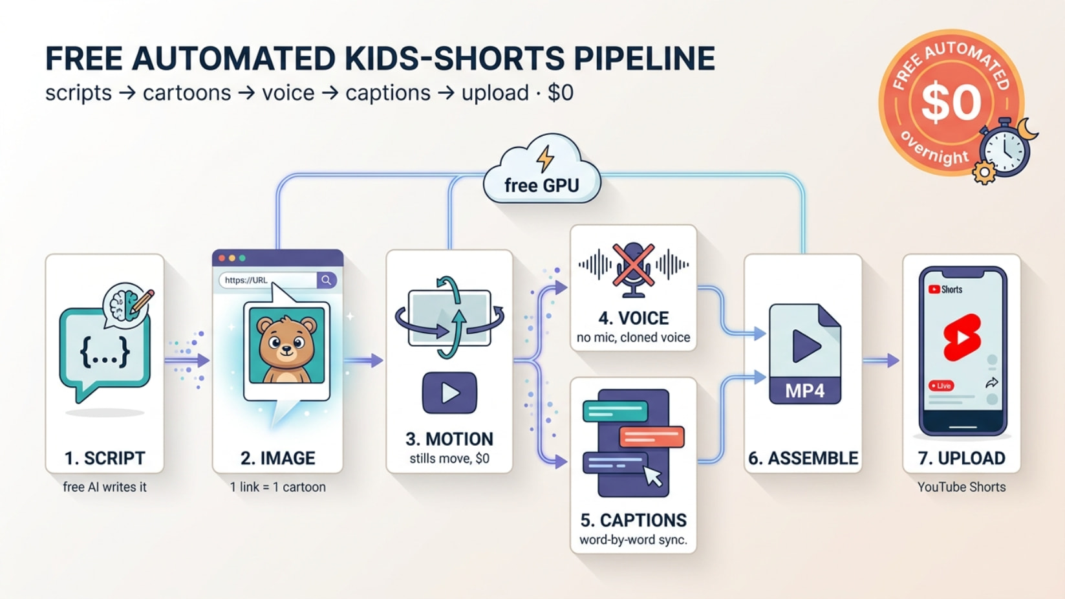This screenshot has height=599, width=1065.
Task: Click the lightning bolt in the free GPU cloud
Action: tap(545, 158)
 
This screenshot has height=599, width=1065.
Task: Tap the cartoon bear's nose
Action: tap(286, 348)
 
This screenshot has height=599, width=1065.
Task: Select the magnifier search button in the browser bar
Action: tap(327, 280)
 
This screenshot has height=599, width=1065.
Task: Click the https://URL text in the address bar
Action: tap(246, 280)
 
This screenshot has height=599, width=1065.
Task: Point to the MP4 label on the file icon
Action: tap(805, 391)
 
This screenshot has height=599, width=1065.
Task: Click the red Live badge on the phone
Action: tap(941, 386)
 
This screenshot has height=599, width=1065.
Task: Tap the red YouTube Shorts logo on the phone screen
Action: tap(962, 337)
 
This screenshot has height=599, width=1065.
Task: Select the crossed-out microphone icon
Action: tap(633, 270)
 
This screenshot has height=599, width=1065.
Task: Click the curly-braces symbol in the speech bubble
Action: tap(105, 352)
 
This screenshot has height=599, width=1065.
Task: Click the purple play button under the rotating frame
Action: tap(449, 393)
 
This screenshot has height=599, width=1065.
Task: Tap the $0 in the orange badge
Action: tap(951, 102)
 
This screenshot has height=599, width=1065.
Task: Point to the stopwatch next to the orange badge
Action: tap(1004, 149)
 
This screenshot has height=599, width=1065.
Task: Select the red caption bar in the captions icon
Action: tap(652, 437)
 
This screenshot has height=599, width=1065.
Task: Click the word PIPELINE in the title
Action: tap(644, 58)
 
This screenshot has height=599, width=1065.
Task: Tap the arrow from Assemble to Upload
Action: tap(881, 361)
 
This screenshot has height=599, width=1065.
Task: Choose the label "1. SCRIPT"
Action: tap(105, 458)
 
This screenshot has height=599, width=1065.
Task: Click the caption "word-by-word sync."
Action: tap(633, 540)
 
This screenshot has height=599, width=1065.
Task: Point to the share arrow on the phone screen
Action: tap(992, 382)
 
